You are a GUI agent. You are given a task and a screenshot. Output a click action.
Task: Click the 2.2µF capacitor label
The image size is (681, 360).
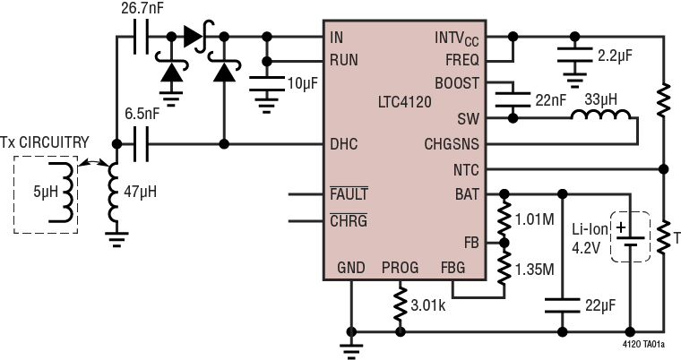coord(615,55)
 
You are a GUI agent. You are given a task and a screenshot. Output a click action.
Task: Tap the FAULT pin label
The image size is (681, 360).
coord(349,193)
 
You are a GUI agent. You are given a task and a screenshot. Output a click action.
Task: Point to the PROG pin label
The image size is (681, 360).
coord(400,268)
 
